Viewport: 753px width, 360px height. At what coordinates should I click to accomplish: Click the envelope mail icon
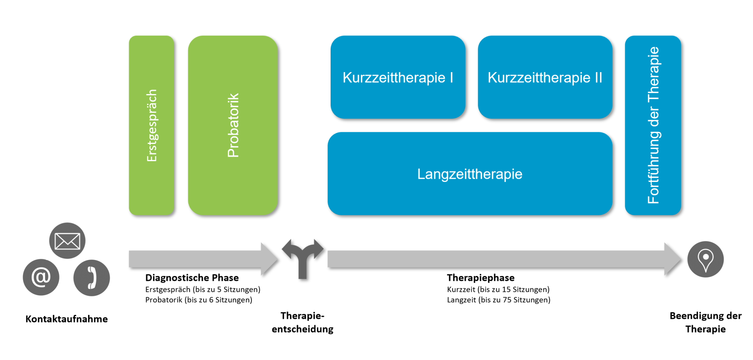(67, 240)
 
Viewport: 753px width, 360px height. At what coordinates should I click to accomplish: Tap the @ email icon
(41, 277)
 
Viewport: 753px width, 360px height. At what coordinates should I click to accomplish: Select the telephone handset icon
(91, 278)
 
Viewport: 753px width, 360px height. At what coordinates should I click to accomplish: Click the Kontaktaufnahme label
(66, 319)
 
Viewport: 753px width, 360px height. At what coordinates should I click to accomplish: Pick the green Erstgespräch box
(151, 125)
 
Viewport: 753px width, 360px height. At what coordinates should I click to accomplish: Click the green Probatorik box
(233, 125)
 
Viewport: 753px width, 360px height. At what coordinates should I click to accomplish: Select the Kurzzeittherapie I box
(398, 77)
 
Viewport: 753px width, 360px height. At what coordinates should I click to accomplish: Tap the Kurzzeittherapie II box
(545, 77)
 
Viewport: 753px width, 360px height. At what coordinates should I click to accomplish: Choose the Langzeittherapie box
(469, 174)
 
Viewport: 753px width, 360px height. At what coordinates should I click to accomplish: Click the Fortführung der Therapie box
(653, 125)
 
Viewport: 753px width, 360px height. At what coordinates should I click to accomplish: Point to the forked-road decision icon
(302, 257)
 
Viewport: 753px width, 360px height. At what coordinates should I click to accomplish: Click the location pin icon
(705, 259)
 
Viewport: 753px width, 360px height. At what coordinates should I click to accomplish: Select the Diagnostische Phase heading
(192, 278)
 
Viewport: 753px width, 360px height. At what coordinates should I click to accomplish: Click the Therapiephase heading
(480, 278)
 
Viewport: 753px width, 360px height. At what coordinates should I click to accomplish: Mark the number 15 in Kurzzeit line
(506, 289)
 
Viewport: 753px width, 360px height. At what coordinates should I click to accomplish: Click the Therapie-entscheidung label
(302, 322)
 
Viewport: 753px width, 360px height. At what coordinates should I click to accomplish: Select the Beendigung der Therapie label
(705, 322)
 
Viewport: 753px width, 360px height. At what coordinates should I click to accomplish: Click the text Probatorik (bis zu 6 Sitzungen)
(198, 300)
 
